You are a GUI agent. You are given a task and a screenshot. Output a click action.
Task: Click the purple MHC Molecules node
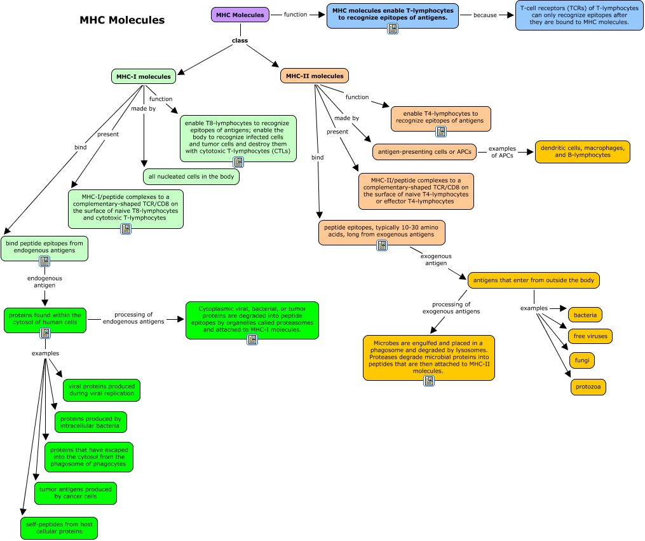point(240,15)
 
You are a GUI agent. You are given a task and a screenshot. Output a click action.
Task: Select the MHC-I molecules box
point(144,76)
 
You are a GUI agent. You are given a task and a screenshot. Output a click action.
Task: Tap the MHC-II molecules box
point(315,76)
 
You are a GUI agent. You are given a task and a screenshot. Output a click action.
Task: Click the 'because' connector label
point(485,15)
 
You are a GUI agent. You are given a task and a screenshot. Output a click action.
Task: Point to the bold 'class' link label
point(240,40)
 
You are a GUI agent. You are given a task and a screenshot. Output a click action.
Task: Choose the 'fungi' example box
point(582,360)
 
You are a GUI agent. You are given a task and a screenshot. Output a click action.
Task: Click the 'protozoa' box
point(588,387)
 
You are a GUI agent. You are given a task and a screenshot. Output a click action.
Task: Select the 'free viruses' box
point(590,336)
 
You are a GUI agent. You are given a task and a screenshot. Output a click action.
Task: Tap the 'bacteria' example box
point(585,315)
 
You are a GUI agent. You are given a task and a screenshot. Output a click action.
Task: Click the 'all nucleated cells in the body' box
point(191,177)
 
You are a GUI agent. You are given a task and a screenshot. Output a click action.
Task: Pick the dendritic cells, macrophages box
point(583,152)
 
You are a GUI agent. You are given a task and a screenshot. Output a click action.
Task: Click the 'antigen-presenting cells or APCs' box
point(424,152)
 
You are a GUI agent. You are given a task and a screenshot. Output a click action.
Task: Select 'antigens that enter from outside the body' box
point(534,280)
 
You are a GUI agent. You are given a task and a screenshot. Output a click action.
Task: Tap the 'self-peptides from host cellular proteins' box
point(59,528)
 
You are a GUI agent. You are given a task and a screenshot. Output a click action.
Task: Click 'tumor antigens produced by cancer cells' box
point(76,493)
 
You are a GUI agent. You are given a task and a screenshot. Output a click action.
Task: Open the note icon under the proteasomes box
point(252,339)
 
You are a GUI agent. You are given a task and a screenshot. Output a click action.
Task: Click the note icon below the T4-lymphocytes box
point(441,132)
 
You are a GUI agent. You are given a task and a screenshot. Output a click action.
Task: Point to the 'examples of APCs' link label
point(502,152)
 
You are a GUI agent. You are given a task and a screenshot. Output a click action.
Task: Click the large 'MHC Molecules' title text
point(122,20)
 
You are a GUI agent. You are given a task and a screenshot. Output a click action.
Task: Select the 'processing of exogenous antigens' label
point(451,308)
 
